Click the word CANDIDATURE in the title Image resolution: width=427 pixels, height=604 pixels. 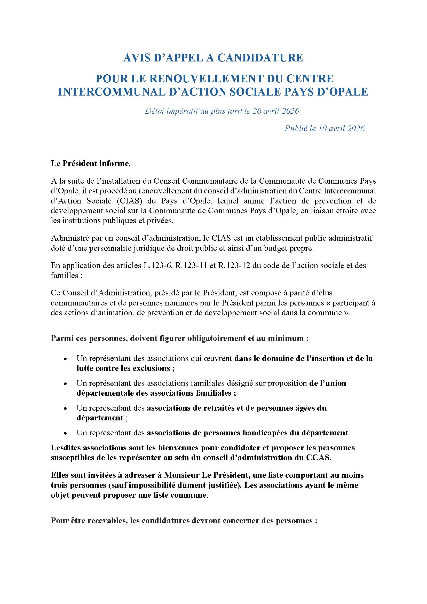point(260,58)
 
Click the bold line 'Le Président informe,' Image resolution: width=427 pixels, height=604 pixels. point(91,163)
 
